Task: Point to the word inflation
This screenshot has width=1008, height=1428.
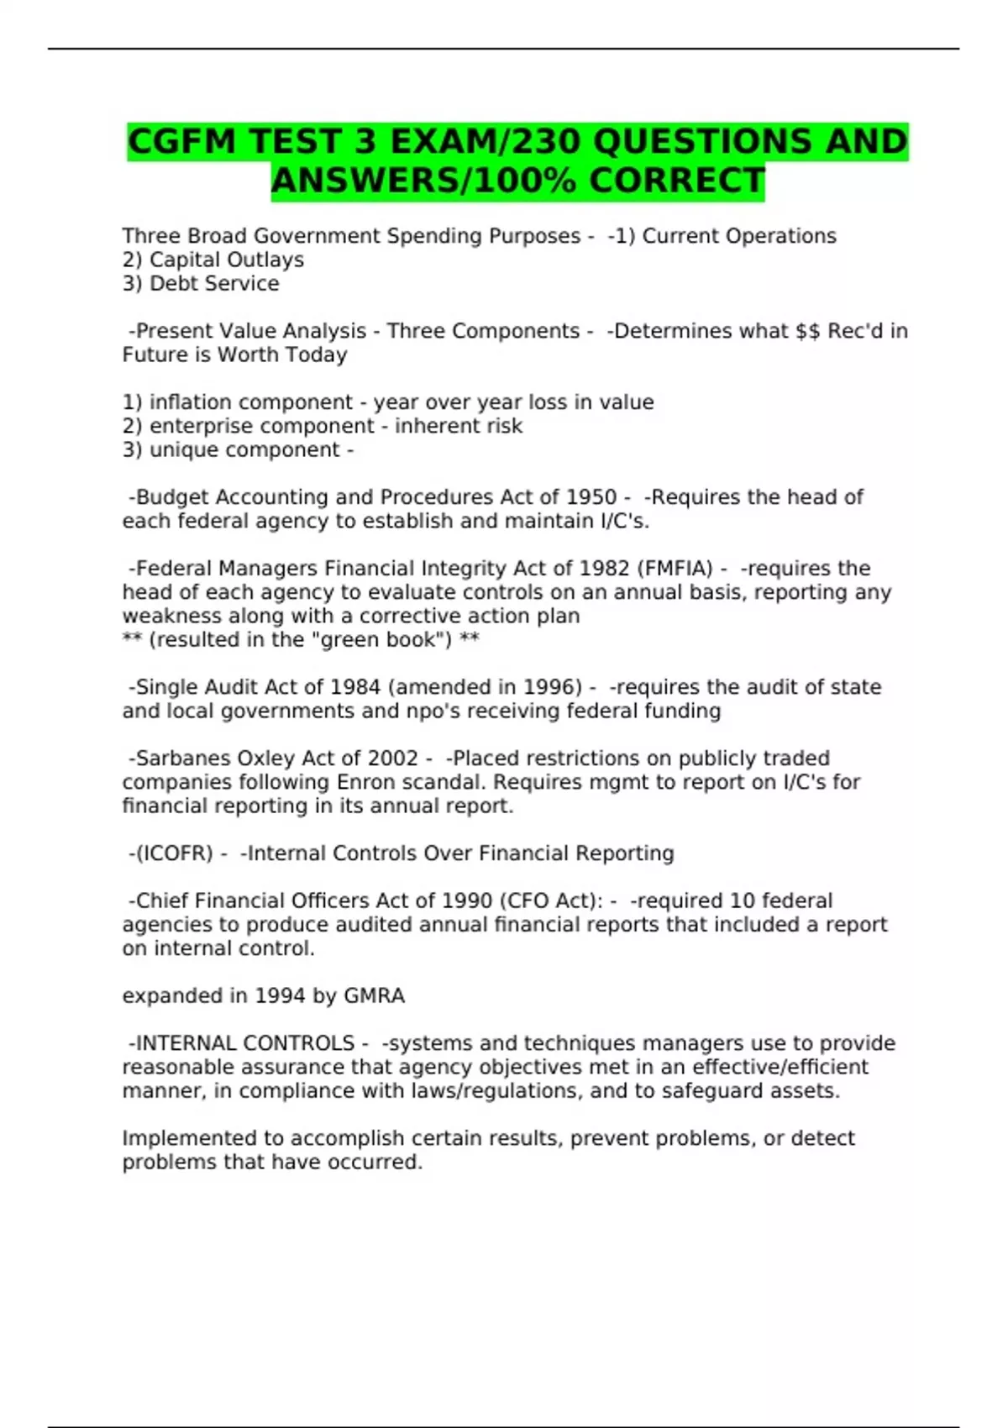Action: click(192, 402)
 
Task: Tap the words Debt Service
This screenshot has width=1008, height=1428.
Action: click(214, 284)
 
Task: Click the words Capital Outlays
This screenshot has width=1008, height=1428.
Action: click(227, 260)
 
